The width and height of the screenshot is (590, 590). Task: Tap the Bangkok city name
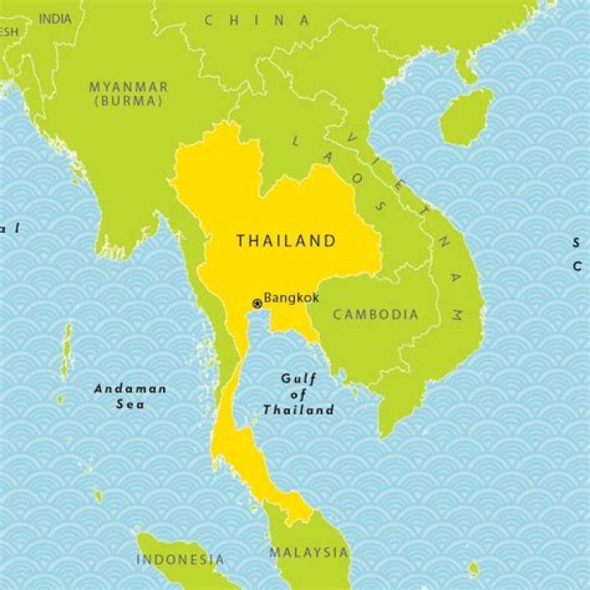(x=291, y=300)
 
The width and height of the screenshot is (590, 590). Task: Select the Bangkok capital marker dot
(x=256, y=302)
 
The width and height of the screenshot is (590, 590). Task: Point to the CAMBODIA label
(x=375, y=314)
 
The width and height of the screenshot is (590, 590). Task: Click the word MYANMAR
(x=129, y=87)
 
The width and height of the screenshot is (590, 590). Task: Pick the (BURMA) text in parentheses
(x=129, y=101)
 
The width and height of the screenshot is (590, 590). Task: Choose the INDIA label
(x=55, y=18)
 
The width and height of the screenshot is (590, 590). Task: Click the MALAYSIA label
(x=309, y=551)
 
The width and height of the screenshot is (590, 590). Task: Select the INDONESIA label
(x=179, y=560)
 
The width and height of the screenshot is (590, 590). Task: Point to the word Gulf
(x=297, y=379)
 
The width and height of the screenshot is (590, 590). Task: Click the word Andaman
(x=130, y=389)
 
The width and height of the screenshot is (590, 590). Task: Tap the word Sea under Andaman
(x=129, y=404)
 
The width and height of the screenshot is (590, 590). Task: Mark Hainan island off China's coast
(x=465, y=116)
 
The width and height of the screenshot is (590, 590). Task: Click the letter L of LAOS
(x=296, y=141)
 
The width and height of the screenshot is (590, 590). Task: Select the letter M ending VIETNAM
(x=456, y=315)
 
